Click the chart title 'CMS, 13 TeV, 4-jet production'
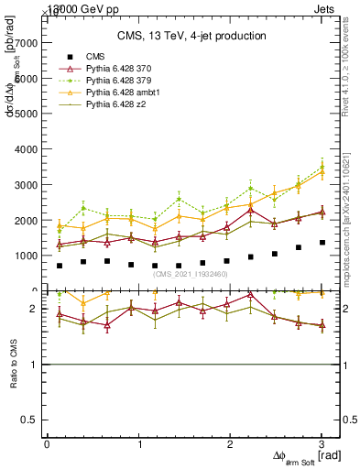(191, 36)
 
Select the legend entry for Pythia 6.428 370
(114, 69)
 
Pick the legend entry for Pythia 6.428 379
(114, 81)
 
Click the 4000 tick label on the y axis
(26, 148)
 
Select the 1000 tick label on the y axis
(26, 255)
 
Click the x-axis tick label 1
(139, 443)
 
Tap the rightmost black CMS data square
(322, 243)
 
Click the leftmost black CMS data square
(60, 266)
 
